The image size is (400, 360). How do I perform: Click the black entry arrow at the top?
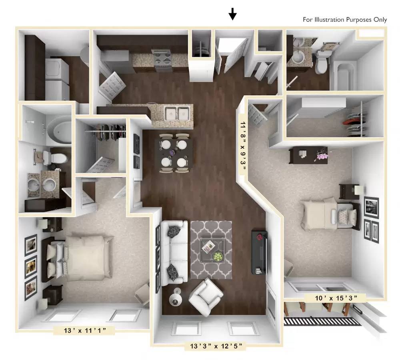pos(232,14)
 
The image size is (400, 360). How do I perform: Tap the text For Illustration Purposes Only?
pos(345,20)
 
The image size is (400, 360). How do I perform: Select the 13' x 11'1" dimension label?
pos(85,330)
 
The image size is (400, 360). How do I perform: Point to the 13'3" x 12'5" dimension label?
pos(216,346)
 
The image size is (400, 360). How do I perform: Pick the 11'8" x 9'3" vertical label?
pos(242,146)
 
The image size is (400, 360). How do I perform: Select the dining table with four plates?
pos(174,153)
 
